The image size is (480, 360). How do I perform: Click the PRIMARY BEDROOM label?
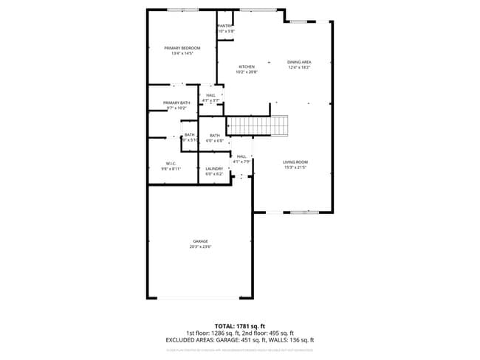click(x=182, y=48)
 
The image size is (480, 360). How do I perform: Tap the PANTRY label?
click(x=225, y=26)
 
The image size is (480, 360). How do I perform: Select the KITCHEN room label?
click(x=246, y=67)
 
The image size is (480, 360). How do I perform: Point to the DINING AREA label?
click(x=299, y=62)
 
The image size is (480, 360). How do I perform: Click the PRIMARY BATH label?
click(x=176, y=103)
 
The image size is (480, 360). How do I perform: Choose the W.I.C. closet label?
click(x=171, y=163)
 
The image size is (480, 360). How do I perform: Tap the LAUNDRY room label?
click(x=214, y=168)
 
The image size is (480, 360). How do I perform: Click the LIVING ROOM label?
click(x=295, y=162)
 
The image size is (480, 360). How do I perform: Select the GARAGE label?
click(x=200, y=241)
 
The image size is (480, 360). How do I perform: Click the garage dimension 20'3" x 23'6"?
click(x=200, y=246)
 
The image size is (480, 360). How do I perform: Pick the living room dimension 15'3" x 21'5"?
click(x=295, y=167)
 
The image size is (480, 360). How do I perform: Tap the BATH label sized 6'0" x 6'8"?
click(x=215, y=136)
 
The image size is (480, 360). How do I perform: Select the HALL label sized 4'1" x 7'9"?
click(x=241, y=156)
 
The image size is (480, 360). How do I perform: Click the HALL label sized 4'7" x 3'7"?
click(x=211, y=95)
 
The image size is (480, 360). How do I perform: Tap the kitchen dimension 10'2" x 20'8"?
click(x=246, y=72)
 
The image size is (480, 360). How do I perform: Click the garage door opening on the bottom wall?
click(x=196, y=298)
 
